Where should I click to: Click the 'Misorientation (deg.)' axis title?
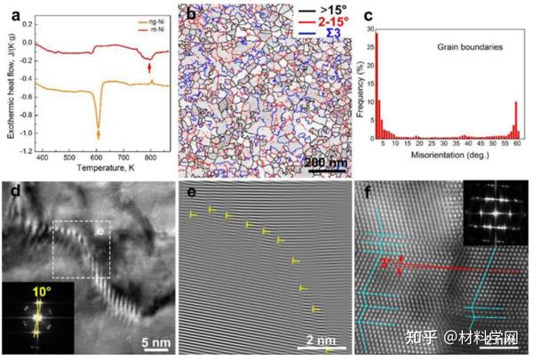pos(450,169)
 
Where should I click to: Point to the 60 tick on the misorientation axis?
pos(517,156)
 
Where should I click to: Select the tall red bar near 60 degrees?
pos(515,124)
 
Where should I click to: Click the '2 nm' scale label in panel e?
pos(315,340)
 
